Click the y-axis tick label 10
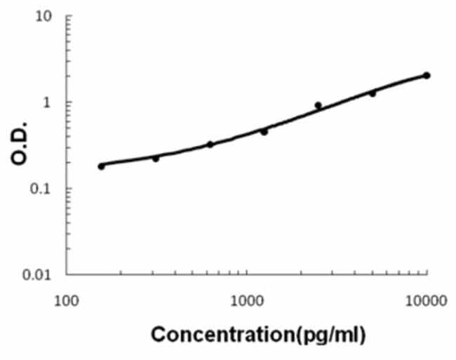44,15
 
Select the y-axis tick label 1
48,102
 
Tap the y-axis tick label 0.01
37,274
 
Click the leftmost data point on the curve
102,166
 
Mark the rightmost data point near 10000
427,75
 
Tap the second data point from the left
156,159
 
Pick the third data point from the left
210,145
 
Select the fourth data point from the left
264,131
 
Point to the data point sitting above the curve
318,105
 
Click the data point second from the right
373,93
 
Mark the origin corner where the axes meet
67,274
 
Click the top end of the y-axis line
67,15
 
